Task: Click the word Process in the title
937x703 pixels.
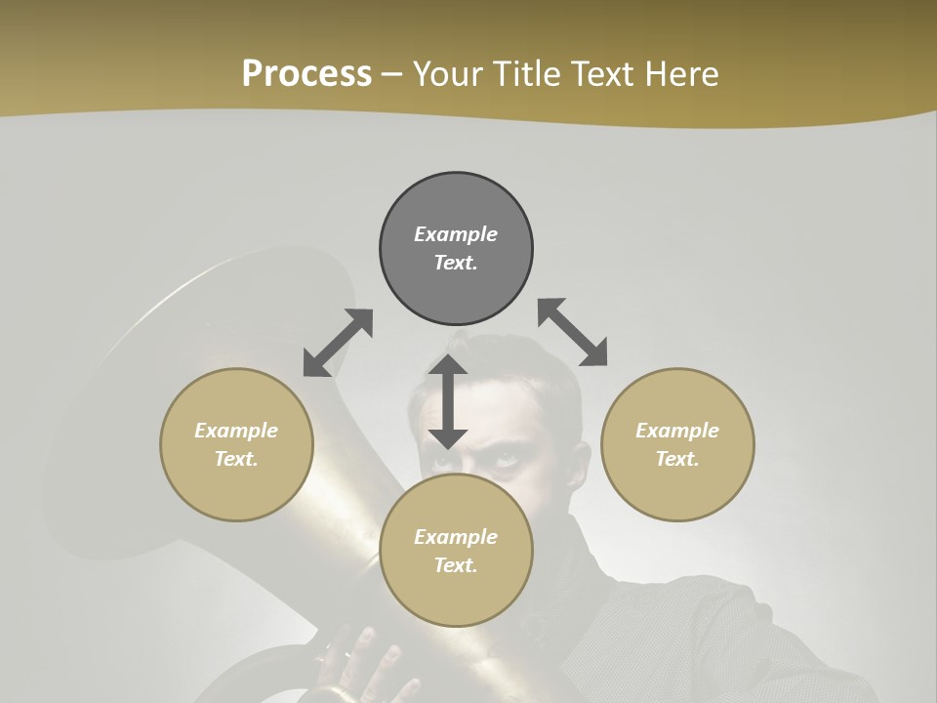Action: tap(306, 74)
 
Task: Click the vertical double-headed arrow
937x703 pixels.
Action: tap(448, 401)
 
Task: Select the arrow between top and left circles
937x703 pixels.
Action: tap(338, 343)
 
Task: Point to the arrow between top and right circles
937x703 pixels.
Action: tap(572, 332)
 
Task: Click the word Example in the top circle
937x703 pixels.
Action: tap(456, 234)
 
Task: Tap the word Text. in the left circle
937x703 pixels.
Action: tap(236, 459)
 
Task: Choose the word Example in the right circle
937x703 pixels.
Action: tap(677, 431)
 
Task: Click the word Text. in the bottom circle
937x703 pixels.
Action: tap(456, 565)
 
